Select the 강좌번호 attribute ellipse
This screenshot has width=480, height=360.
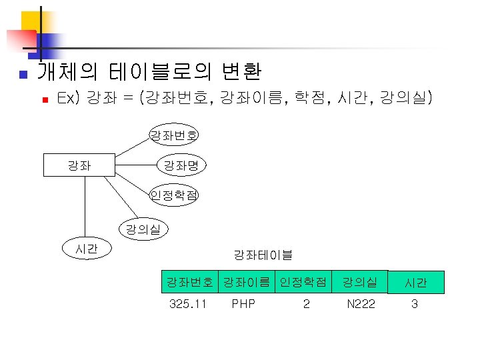[x=173, y=136]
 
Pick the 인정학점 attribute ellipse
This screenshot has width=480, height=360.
[x=173, y=195]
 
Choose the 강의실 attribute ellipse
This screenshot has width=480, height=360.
[x=143, y=229]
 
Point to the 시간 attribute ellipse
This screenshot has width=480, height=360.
[x=87, y=249]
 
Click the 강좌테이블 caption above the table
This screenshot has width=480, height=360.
[x=263, y=254]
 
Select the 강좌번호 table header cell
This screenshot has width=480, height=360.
[x=191, y=283]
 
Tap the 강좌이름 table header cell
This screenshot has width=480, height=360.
[x=247, y=283]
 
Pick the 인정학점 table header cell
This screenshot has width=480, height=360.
[x=303, y=283]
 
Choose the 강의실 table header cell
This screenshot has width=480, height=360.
[x=360, y=283]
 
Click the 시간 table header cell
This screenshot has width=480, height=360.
[x=415, y=283]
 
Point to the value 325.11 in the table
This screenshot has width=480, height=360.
[x=188, y=305]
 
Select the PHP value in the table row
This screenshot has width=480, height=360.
[x=243, y=305]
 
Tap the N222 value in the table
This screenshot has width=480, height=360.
[x=361, y=305]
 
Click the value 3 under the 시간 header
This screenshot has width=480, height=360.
[x=414, y=305]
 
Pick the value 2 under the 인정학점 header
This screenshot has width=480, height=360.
[x=306, y=305]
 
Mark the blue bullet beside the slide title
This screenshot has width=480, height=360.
[x=22, y=73]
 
